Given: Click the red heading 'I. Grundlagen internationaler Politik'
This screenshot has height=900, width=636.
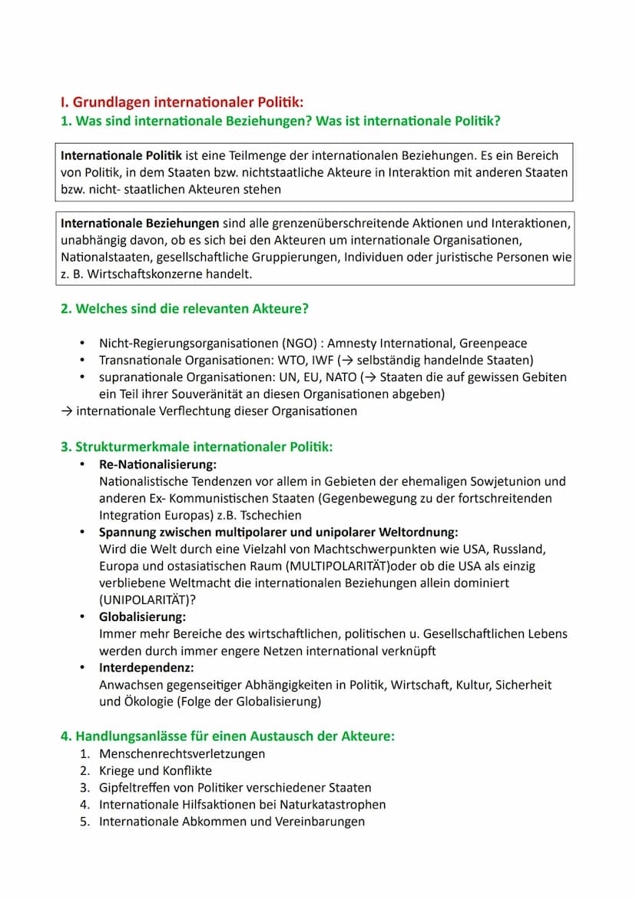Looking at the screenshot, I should pos(182,101).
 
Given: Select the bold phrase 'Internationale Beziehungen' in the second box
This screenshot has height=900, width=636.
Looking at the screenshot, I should pos(140,223).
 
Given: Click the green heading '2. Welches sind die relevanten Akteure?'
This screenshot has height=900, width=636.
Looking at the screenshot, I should pos(185,309).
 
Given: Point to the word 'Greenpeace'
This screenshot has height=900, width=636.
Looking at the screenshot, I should pos(493,344).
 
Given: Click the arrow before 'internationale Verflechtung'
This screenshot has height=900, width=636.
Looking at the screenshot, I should pos(67,411).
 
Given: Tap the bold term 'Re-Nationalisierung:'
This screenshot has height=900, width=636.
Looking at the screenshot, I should pos(157,465).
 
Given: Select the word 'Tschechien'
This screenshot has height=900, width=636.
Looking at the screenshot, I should pos(273,516).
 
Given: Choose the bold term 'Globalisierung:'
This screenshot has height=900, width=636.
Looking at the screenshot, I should pos(142,617).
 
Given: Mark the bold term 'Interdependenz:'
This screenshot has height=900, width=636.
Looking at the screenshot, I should pos(146,668).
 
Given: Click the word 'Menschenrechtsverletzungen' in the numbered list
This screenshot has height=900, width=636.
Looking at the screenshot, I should pos(182,754).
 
